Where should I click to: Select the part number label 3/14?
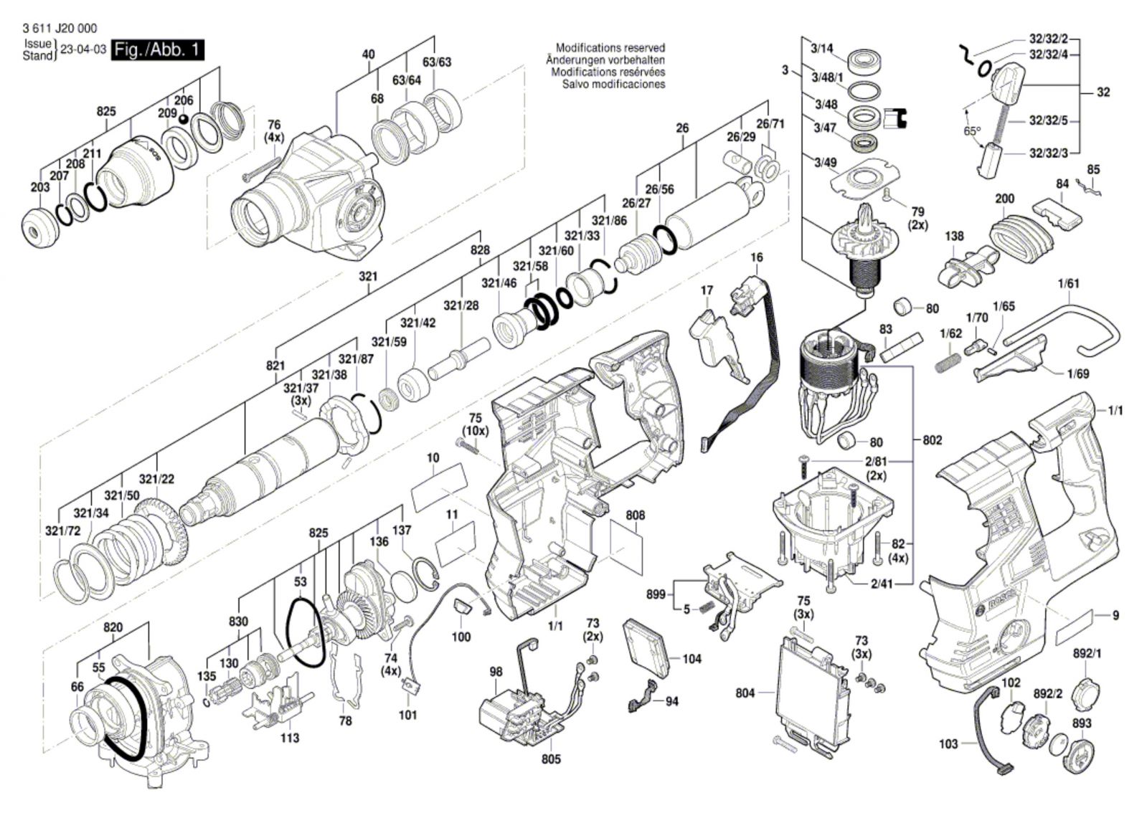822,49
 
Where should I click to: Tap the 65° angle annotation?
972,131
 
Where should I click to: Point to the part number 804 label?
746,693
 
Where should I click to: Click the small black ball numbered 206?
183,118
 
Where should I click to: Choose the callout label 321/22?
156,479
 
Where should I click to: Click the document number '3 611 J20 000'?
49,29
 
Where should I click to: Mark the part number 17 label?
707,290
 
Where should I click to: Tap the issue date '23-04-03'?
83,50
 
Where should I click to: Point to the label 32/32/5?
1049,120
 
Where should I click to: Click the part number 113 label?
289,738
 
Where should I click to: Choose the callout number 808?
636,515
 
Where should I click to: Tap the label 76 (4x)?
274,131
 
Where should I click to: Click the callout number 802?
933,439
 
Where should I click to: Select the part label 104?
692,659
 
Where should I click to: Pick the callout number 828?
480,249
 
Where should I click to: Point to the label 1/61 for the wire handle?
1068,283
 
